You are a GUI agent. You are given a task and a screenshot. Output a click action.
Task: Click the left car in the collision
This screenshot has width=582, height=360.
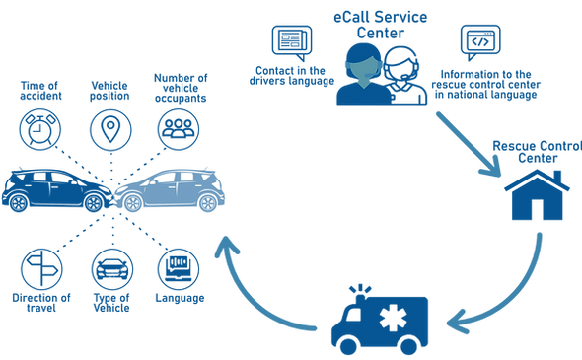(x=59, y=189)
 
